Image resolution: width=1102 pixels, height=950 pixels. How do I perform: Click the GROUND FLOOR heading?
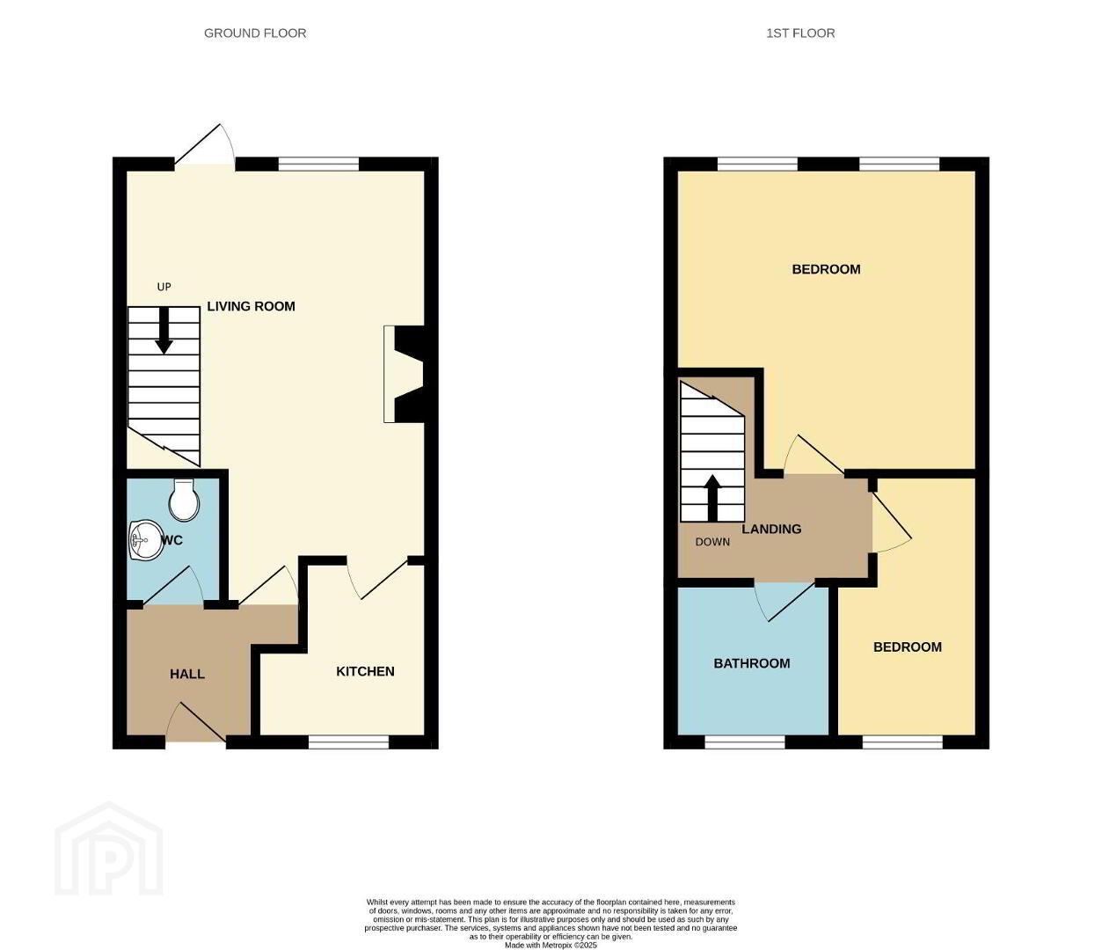click(x=255, y=33)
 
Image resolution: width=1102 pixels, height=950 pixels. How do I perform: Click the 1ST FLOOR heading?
click(x=800, y=33)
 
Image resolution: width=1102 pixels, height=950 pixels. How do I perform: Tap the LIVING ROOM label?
click(x=252, y=306)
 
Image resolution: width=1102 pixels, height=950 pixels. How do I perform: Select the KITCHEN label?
click(x=365, y=671)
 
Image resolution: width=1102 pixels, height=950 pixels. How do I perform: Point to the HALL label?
click(x=187, y=674)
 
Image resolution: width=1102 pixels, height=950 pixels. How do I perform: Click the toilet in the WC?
click(x=184, y=499)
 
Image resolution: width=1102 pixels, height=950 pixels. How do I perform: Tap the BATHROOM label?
click(x=752, y=663)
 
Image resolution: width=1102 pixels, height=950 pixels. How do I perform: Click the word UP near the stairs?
click(x=164, y=287)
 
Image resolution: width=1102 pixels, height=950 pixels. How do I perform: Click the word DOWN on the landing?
click(x=712, y=542)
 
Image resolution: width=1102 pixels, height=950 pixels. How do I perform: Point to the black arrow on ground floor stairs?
click(x=164, y=331)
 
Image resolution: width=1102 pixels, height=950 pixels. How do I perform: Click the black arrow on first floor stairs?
click(x=712, y=498)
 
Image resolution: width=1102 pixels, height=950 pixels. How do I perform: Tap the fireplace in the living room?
click(x=404, y=374)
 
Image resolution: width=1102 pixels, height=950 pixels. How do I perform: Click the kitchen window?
click(x=348, y=742)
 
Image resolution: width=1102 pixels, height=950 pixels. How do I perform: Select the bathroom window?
click(x=745, y=742)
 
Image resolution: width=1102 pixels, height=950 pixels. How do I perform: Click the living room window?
click(x=319, y=164)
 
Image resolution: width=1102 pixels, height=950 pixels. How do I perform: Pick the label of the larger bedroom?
click(x=826, y=269)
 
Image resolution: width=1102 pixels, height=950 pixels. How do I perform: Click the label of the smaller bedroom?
click(x=908, y=647)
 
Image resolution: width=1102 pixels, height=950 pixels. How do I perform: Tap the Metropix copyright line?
click(x=551, y=946)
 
